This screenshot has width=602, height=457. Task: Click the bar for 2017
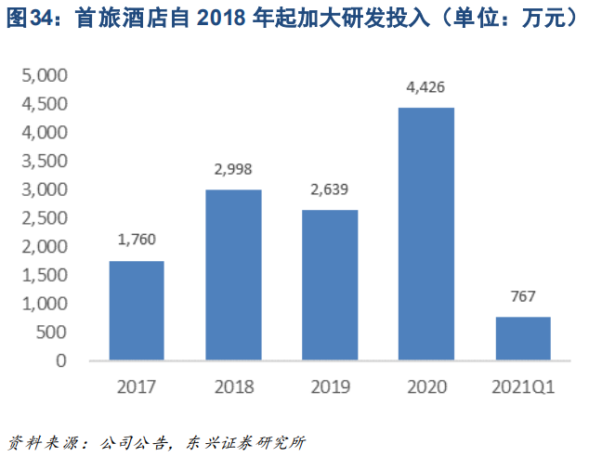[x=137, y=310]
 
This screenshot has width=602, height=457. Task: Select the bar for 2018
[x=233, y=275]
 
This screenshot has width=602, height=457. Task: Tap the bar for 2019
[x=330, y=285]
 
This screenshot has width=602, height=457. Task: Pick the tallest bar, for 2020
[x=426, y=234]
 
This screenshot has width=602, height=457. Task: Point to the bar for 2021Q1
[x=523, y=338]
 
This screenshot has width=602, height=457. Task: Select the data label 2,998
[x=233, y=170]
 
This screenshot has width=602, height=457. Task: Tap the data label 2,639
[x=330, y=190]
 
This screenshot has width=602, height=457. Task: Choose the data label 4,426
[x=426, y=88]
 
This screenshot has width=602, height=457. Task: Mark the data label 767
[x=523, y=297]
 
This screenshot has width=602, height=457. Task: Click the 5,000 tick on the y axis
[x=44, y=75]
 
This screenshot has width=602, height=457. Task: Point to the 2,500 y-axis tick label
[x=44, y=218]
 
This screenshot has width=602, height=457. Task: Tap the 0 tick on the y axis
[x=61, y=361]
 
